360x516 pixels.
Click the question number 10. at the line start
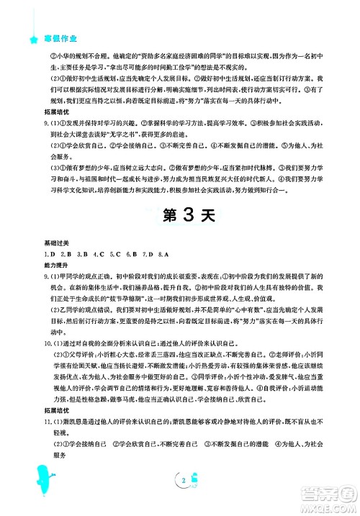point(48,324)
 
